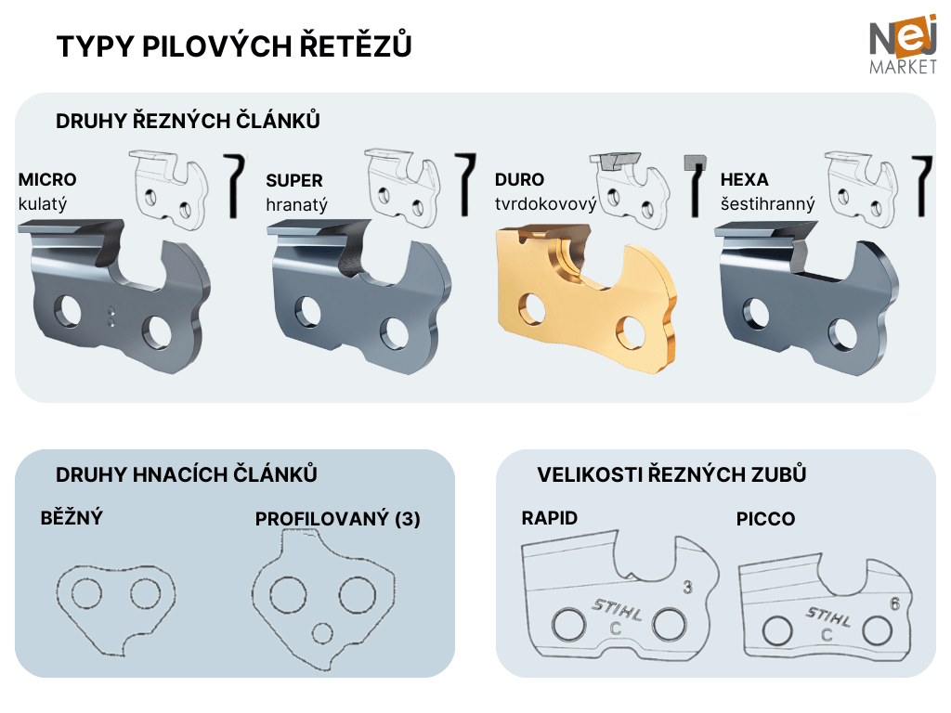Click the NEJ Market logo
[x=903, y=45]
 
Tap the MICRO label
[x=47, y=179]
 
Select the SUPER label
[x=294, y=180]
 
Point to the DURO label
[x=519, y=179]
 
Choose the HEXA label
[x=744, y=179]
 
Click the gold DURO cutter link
[x=586, y=297]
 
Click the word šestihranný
[x=767, y=203]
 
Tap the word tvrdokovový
[x=545, y=203]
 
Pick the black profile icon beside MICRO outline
[x=234, y=185]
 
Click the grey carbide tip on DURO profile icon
[x=695, y=162]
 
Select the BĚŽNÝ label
[x=72, y=517]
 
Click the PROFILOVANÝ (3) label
[x=338, y=519]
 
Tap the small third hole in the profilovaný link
[x=322, y=633]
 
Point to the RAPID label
[x=550, y=518]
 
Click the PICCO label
[x=765, y=519]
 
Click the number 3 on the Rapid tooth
[x=687, y=587]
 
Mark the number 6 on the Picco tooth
[x=894, y=603]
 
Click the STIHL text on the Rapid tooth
[x=617, y=610]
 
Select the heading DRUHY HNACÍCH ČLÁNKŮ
[x=186, y=474]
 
